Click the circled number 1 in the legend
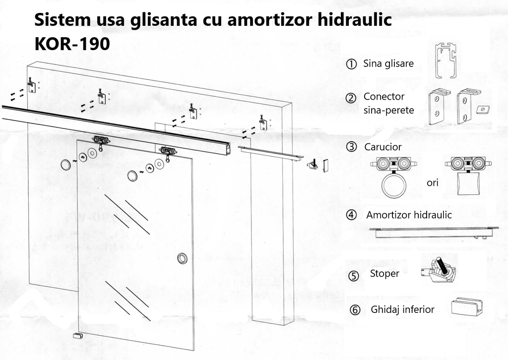[x=351, y=64]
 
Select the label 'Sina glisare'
[x=388, y=63]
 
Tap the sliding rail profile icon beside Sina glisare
[x=447, y=61]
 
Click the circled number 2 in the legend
[x=351, y=98]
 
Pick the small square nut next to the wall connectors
[x=480, y=109]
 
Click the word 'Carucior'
[x=382, y=147]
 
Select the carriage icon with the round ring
[x=393, y=177]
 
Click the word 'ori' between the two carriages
[x=433, y=182]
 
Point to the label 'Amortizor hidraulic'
[x=409, y=215]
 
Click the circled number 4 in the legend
[x=351, y=215]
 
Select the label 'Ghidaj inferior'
[x=402, y=309]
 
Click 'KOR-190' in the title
[x=72, y=44]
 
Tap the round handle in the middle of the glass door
[x=183, y=258]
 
